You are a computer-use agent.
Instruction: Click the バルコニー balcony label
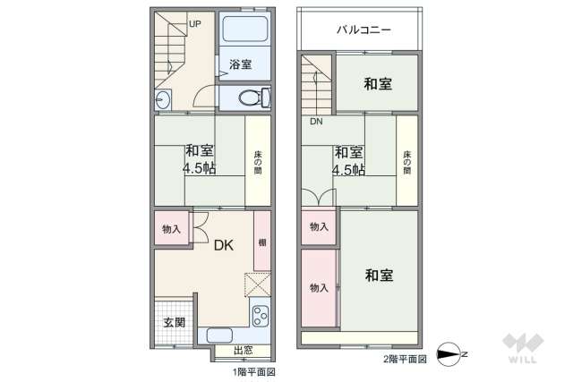coord(363,30)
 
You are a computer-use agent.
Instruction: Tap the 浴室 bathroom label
coord(240,64)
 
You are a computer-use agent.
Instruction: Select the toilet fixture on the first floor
coord(253,98)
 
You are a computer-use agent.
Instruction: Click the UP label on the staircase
coord(194,23)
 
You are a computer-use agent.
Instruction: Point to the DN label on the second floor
coord(316,122)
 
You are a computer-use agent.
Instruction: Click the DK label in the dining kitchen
coord(223,244)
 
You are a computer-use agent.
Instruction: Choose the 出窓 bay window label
coord(242,351)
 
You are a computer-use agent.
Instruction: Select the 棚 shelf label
coord(261,242)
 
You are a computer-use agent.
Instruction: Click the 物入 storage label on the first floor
coord(171,229)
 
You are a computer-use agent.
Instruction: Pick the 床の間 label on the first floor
coord(258,163)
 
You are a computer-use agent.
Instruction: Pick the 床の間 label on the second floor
coord(407,163)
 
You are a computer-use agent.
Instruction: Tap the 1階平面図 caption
coord(254,371)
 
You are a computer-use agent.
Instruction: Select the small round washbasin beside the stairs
coord(163,99)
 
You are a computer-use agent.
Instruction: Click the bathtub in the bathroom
coord(244,32)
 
